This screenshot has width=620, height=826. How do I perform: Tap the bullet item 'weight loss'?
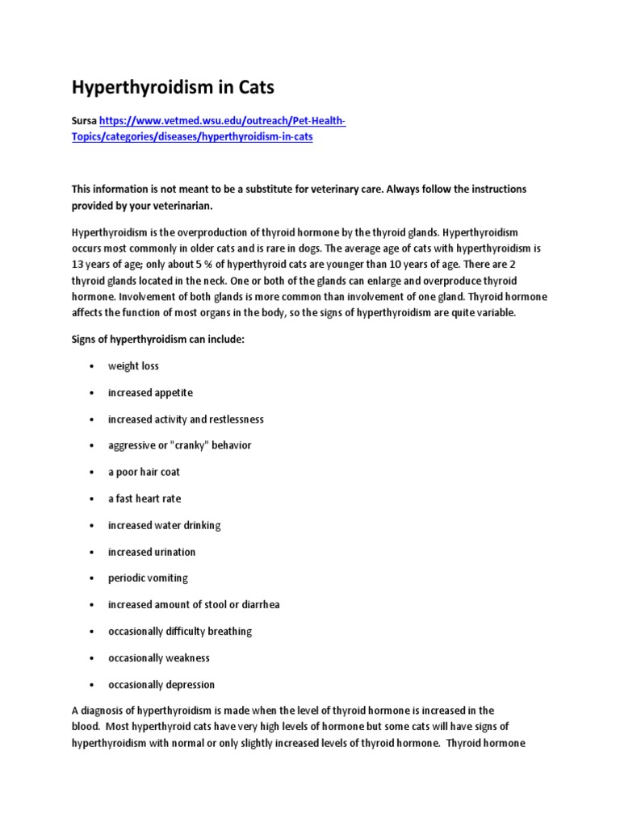click(x=134, y=366)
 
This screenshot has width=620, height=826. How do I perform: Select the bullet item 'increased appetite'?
click(x=150, y=393)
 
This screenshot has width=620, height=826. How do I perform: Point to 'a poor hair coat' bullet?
click(x=145, y=473)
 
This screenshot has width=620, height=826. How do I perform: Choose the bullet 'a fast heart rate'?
click(x=145, y=499)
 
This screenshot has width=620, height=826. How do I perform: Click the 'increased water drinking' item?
click(x=165, y=526)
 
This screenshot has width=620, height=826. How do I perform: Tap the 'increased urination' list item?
click(x=152, y=553)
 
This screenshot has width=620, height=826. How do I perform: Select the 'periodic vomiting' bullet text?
click(x=149, y=579)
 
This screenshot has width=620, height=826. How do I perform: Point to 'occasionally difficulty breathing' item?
click(x=180, y=632)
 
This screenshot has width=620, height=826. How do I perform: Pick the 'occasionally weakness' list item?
click(x=159, y=658)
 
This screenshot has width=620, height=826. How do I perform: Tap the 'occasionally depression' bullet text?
click(x=161, y=685)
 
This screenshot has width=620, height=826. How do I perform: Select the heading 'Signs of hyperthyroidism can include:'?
click(x=157, y=340)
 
